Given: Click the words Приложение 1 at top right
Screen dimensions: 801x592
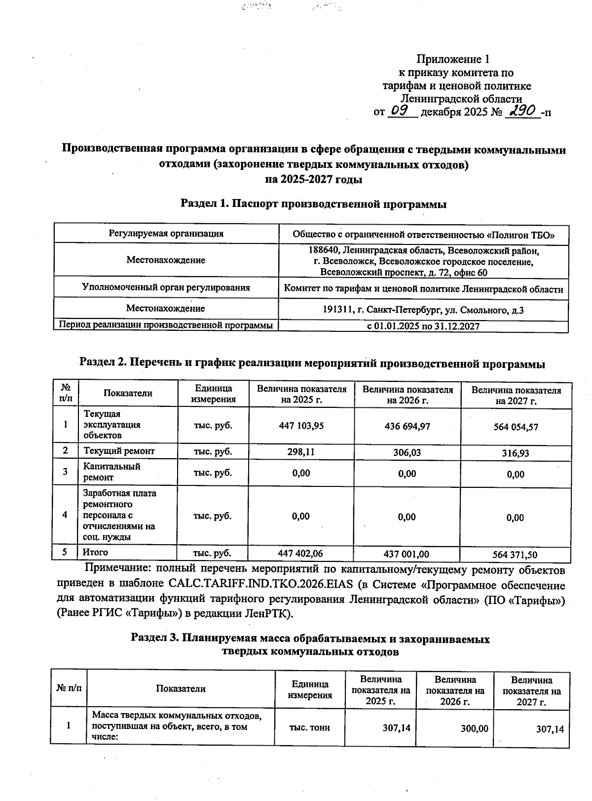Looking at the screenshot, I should click(x=453, y=59).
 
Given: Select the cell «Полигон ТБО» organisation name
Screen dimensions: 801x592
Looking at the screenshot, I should click(x=423, y=234).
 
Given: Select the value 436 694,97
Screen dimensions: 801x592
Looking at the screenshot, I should click(x=407, y=426).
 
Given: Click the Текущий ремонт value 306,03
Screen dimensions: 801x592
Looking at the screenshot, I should click(x=407, y=452).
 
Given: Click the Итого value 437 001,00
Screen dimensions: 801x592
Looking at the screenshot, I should click(x=406, y=554).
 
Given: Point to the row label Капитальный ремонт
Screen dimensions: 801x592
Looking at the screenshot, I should click(x=112, y=472).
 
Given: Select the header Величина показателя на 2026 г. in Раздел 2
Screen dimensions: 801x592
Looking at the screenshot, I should click(x=407, y=395).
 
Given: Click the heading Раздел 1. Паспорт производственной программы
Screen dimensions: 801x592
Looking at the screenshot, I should click(x=313, y=204).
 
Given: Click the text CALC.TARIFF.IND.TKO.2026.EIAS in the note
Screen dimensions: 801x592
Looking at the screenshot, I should click(x=261, y=584).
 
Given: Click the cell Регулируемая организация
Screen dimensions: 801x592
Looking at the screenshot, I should click(x=166, y=234).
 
